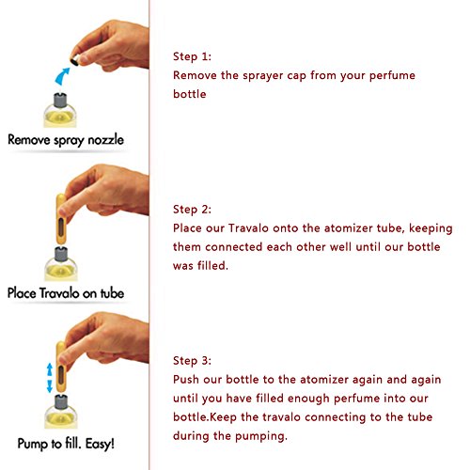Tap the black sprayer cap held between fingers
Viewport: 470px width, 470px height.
click(x=74, y=61)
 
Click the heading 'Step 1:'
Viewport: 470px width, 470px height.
click(x=192, y=56)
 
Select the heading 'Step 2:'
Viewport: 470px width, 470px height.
click(x=192, y=210)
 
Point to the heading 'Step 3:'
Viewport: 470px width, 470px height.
click(x=192, y=361)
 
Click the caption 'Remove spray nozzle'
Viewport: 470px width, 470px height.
click(x=66, y=140)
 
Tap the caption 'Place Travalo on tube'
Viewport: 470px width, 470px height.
click(x=66, y=293)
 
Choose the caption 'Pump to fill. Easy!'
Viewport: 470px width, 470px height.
click(x=66, y=444)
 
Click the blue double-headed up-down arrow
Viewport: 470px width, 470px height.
click(x=50, y=378)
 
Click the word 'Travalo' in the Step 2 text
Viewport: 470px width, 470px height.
click(x=248, y=228)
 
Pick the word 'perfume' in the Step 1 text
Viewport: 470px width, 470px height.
click(x=392, y=76)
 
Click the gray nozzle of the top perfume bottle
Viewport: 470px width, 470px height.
click(x=60, y=101)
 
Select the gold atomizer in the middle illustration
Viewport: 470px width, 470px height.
click(x=61, y=219)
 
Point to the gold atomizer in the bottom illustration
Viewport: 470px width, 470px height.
click(x=61, y=368)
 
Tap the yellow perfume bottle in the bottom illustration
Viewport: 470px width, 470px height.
click(x=61, y=413)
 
